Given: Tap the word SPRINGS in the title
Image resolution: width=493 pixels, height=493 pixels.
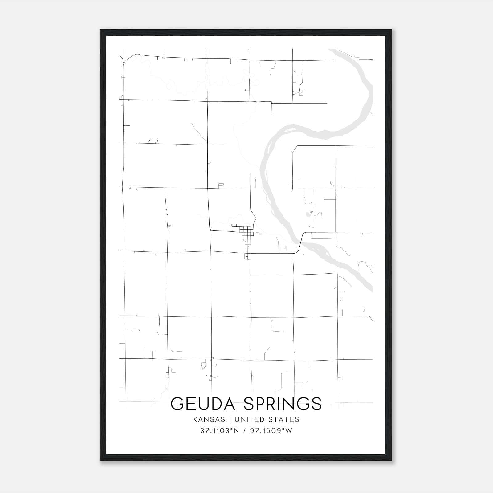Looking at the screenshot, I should pos(283,404).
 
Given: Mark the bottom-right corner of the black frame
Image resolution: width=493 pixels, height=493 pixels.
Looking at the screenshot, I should pos(391,460).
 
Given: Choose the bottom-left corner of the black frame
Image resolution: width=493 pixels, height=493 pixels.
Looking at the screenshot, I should pos(100,460).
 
